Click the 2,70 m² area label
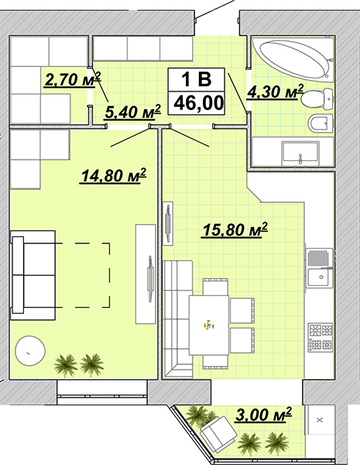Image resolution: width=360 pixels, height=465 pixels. click(x=73, y=79)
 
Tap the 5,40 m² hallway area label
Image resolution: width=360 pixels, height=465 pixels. click(x=132, y=112)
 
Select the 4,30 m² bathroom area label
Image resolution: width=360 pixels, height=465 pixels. click(x=276, y=91)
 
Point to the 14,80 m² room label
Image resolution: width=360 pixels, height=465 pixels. click(x=114, y=176)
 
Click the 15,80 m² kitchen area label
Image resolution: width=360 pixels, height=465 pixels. click(x=235, y=230)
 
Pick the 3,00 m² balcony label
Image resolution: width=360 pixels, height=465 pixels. click(x=263, y=415)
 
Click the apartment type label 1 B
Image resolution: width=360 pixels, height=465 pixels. click(x=197, y=79)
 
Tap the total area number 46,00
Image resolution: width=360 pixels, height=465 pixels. click(x=198, y=103)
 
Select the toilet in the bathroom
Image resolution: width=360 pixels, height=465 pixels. click(x=317, y=99)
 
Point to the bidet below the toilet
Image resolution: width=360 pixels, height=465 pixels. click(x=321, y=123)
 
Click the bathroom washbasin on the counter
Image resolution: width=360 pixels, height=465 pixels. click(x=300, y=153)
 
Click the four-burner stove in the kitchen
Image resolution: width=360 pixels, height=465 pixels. click(x=321, y=337)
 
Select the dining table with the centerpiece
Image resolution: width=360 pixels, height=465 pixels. click(x=209, y=325)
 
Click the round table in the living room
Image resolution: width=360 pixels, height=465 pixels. click(x=30, y=351)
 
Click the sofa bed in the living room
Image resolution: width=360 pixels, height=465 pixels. click(x=33, y=275)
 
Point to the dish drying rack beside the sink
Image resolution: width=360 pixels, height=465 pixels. click(x=319, y=258)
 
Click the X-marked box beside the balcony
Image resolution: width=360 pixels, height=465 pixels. click(x=320, y=419)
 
